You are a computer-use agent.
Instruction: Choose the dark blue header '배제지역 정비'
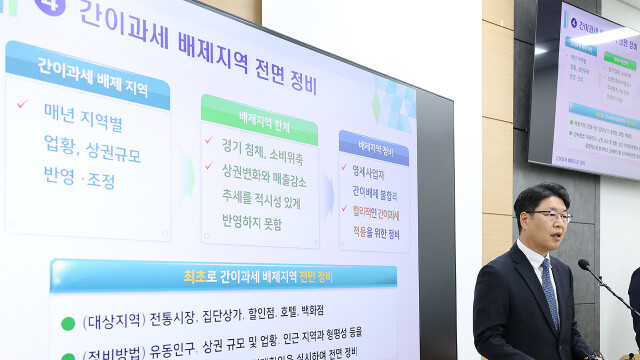[372, 151]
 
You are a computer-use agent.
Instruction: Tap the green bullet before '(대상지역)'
[67, 323]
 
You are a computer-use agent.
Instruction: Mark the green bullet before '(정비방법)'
[67, 355]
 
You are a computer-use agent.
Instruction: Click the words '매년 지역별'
[82, 123]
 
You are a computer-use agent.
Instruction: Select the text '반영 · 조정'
[80, 182]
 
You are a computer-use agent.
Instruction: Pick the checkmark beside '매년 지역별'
[23, 104]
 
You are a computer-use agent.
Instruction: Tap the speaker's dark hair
[541, 196]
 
